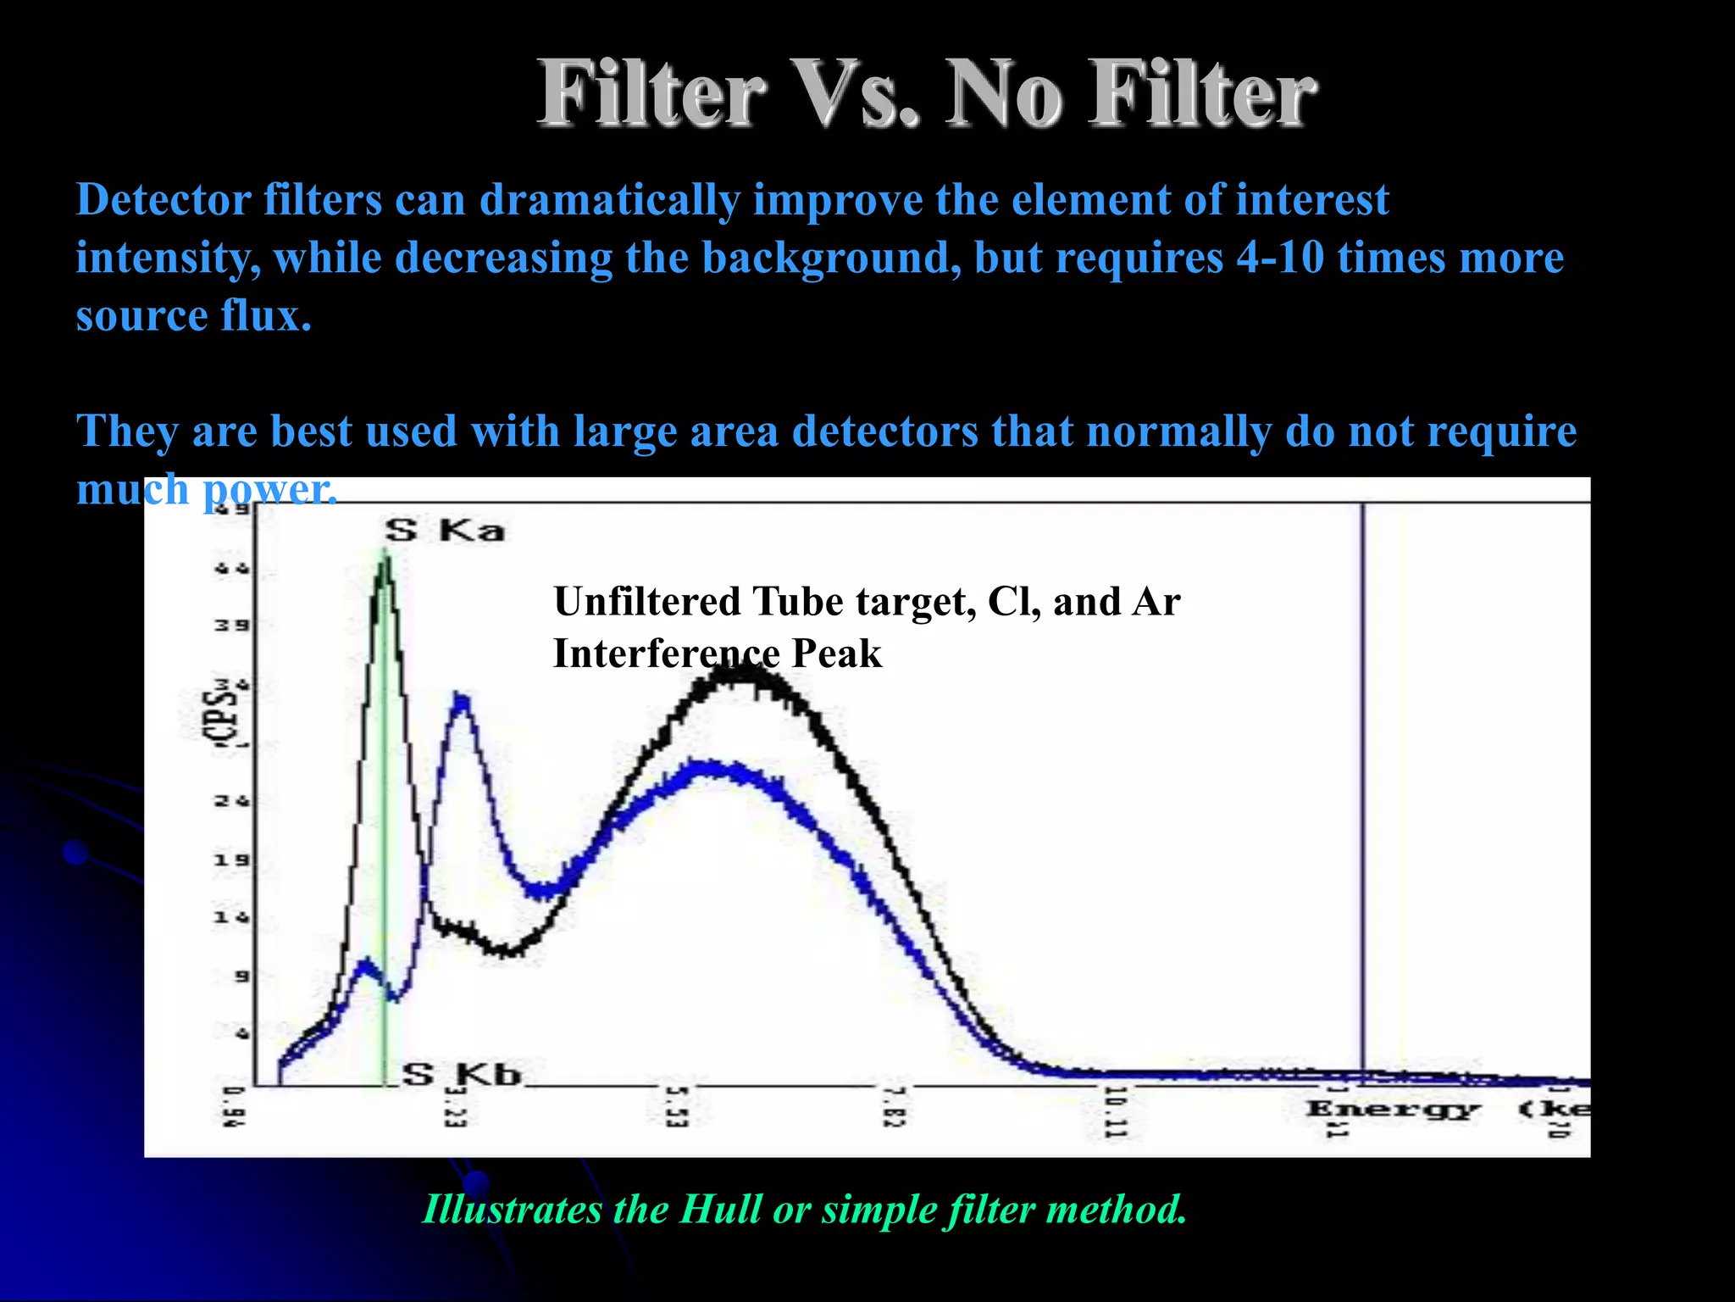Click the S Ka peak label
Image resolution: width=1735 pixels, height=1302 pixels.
coord(445,531)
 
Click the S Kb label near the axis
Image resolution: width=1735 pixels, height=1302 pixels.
coord(462,1074)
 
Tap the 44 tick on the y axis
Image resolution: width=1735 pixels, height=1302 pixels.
coord(231,569)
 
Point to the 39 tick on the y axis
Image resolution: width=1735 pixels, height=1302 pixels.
coord(231,626)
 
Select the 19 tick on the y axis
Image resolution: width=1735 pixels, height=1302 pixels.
coord(231,860)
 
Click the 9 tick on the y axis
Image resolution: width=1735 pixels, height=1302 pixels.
coord(241,976)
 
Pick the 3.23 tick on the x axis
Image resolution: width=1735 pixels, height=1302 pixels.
coord(456,1107)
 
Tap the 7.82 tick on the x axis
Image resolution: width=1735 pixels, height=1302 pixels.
coord(895,1107)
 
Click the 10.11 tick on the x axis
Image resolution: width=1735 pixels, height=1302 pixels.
coord(1115,1111)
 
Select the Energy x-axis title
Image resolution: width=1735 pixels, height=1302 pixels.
coord(1393,1108)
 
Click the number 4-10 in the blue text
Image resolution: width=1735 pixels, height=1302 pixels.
coord(1279,257)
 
